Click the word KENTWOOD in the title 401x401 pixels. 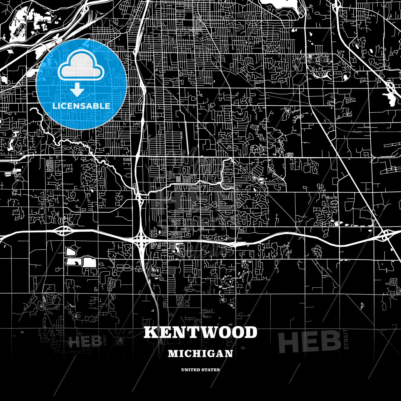point(200,332)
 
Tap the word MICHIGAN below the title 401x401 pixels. point(200,353)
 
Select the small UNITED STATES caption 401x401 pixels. point(200,370)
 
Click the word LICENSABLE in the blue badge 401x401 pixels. point(81,106)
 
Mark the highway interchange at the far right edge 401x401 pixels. point(386,235)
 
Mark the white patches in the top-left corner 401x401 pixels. point(28,22)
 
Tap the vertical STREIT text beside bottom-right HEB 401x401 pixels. point(346,339)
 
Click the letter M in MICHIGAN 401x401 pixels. point(172,353)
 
